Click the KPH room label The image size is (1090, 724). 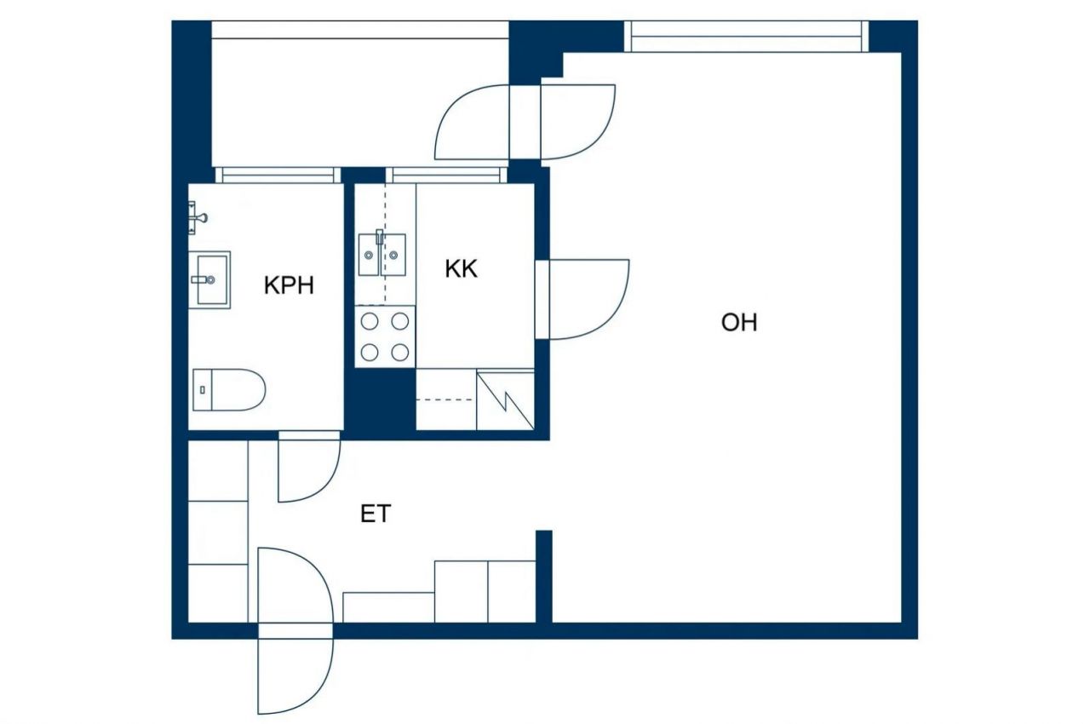pos(289,285)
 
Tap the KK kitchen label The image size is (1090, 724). pos(461,269)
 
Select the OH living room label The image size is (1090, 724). pos(738,323)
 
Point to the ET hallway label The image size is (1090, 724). pos(376,514)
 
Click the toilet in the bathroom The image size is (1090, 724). pos(228,389)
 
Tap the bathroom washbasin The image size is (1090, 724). pos(209,279)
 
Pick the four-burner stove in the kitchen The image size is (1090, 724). pos(385,336)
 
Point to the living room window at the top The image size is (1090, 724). pos(747,37)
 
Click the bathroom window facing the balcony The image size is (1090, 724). pos(278,175)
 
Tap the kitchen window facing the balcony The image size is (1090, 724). pos(445,175)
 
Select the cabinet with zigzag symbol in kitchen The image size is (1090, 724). pos(505,399)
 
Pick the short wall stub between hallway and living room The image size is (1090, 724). pos(544,577)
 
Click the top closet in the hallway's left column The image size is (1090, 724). pos(217,470)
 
